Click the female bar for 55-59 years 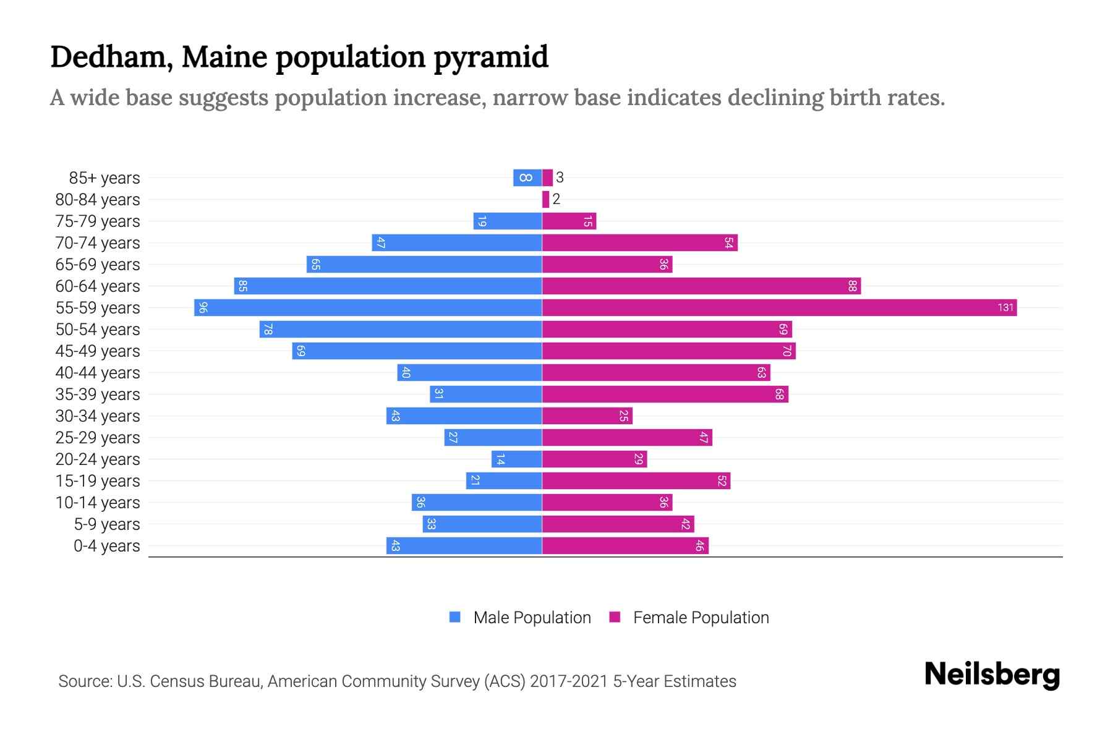(x=779, y=307)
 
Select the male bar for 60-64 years (x=388, y=286)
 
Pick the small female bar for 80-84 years (x=545, y=199)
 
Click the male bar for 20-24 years (x=517, y=459)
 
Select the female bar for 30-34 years (x=587, y=416)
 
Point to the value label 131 (x=1005, y=307)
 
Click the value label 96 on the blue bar (x=203, y=307)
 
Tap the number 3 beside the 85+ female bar (x=560, y=177)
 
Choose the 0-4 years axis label (x=106, y=546)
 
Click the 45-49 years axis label (x=98, y=351)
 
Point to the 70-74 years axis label (x=98, y=243)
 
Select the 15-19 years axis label (x=98, y=481)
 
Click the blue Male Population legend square (x=455, y=617)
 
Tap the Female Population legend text (x=701, y=618)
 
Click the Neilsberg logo (x=992, y=675)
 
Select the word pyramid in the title (x=490, y=58)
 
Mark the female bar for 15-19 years (x=636, y=480)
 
